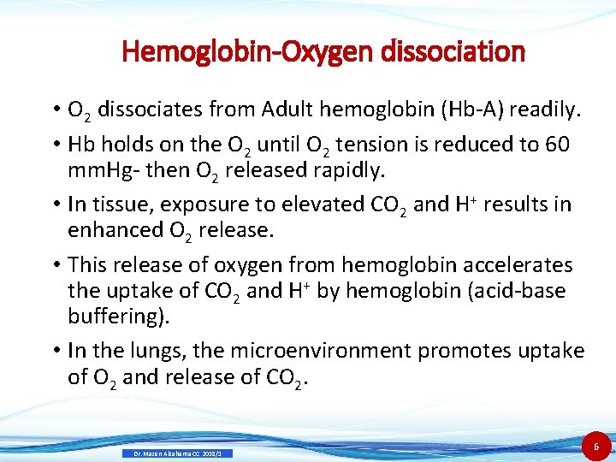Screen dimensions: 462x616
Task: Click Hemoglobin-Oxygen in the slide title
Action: pyautogui.click(x=234, y=52)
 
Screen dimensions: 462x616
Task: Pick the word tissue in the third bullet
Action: pyautogui.click(x=127, y=204)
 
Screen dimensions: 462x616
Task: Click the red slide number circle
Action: pyautogui.click(x=597, y=446)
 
